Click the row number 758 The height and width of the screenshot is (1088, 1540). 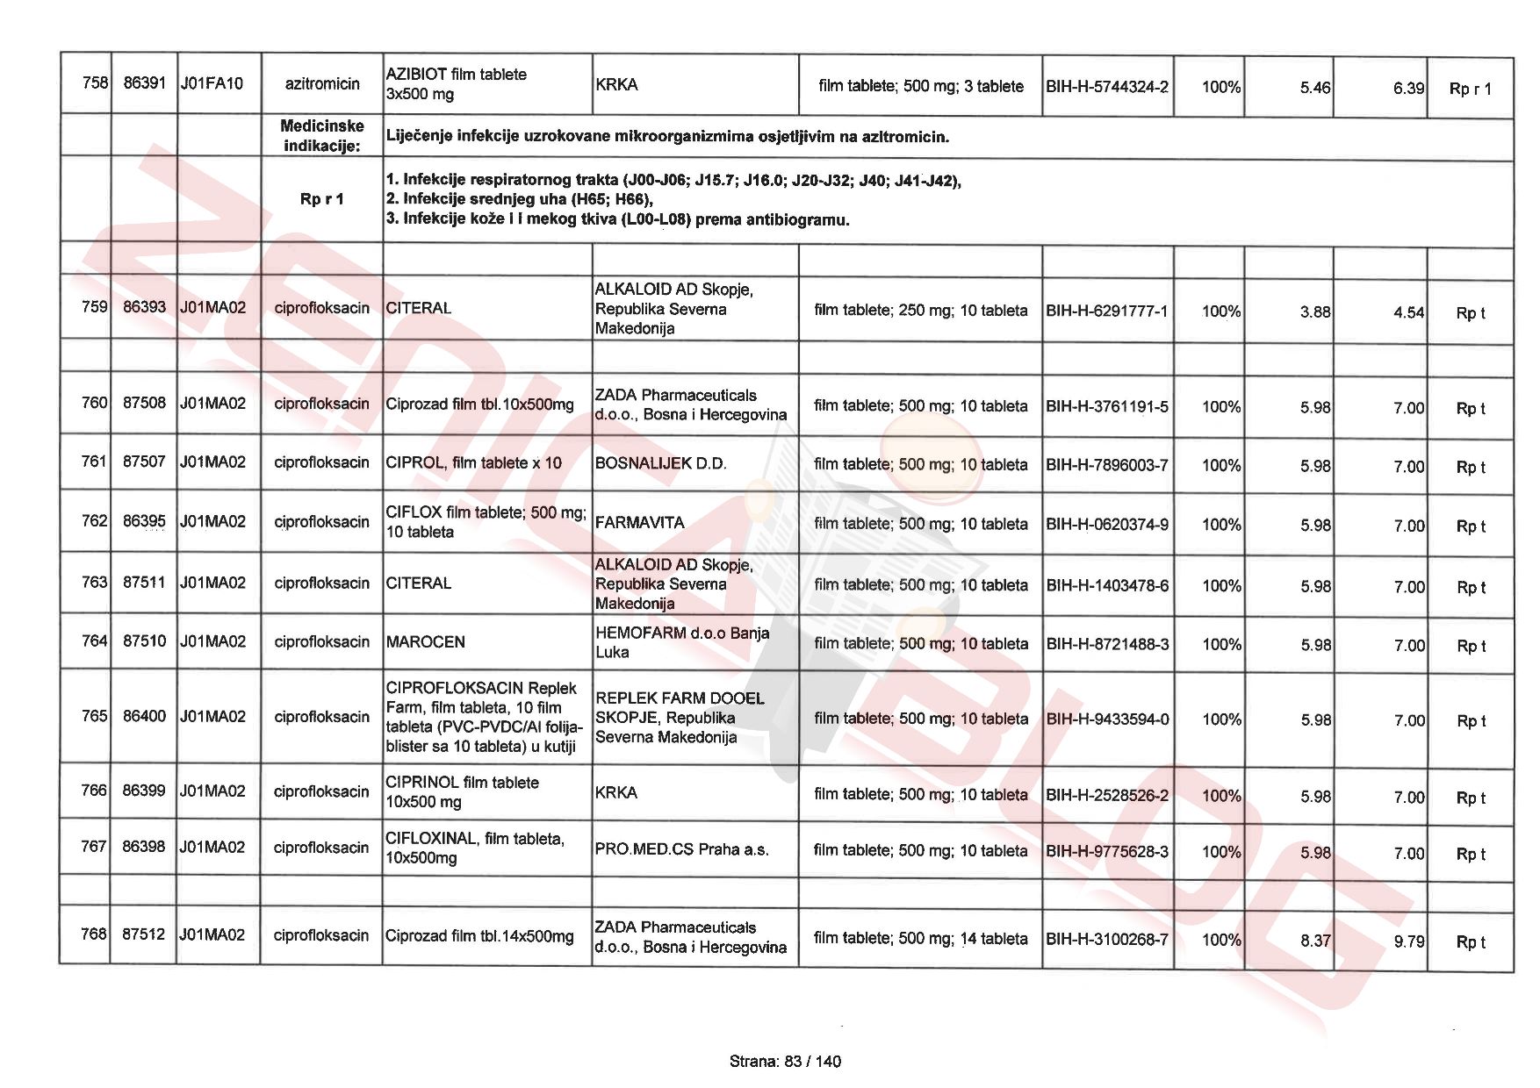click(x=94, y=83)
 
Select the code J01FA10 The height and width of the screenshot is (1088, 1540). click(x=212, y=84)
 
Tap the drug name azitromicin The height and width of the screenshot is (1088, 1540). click(x=322, y=84)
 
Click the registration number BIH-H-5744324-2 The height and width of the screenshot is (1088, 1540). click(x=1106, y=87)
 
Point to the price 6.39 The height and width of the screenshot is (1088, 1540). click(x=1407, y=89)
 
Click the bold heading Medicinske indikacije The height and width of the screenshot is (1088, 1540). click(x=322, y=136)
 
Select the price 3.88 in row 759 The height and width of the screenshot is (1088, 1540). click(x=1314, y=312)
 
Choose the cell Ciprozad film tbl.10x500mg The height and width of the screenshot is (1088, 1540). click(x=479, y=404)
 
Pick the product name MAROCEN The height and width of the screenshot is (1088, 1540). click(x=426, y=642)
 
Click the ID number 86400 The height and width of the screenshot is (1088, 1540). click(x=144, y=716)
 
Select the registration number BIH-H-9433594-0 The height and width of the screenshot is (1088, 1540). click(x=1107, y=719)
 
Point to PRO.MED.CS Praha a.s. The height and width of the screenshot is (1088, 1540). click(x=681, y=849)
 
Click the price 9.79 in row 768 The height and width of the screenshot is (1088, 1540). click(x=1407, y=941)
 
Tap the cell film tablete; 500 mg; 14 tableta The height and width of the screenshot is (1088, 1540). click(x=920, y=939)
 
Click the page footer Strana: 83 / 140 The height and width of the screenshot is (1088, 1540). click(x=785, y=1062)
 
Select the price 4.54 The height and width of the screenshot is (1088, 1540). click(x=1407, y=312)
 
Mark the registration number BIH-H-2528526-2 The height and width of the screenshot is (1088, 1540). click(x=1106, y=796)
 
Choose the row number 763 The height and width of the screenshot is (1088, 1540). click(x=94, y=583)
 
